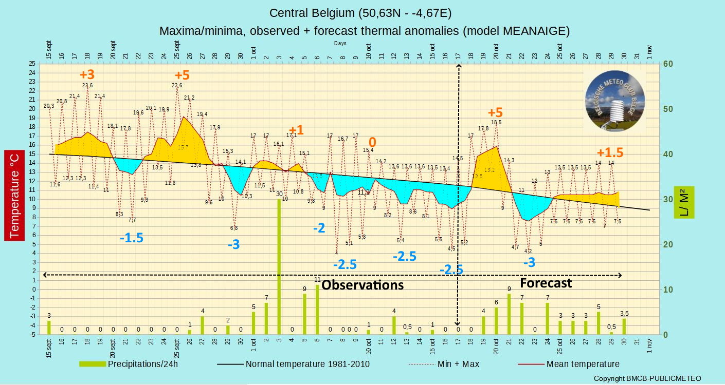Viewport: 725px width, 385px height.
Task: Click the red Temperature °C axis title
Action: click(14, 196)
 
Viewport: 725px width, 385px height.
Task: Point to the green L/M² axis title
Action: click(683, 202)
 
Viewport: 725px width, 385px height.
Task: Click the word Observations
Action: click(362, 285)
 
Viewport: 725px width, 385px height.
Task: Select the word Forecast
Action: click(546, 283)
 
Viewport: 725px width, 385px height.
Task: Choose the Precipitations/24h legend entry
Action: click(129, 364)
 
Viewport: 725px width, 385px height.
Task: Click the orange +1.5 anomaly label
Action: click(610, 152)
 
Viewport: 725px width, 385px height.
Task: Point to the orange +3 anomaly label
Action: click(87, 74)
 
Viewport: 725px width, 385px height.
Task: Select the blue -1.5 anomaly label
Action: click(131, 238)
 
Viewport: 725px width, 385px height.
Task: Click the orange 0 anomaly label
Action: click(372, 142)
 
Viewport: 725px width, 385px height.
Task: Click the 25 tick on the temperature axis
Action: click(32, 64)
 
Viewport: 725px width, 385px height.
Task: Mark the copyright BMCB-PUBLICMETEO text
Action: click(647, 378)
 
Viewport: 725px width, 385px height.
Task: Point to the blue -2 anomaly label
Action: click(319, 228)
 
